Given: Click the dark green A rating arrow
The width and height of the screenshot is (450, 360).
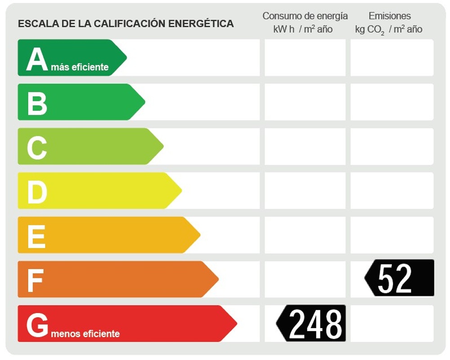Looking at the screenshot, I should coord(67,58).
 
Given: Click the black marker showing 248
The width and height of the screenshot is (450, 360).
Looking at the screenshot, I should coord(312,323).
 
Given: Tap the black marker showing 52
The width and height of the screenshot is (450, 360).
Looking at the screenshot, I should coord(400,278).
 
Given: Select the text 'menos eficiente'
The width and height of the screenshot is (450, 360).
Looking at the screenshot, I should coord(85,334).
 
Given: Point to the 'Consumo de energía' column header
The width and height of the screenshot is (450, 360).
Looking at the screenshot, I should coord(305,16).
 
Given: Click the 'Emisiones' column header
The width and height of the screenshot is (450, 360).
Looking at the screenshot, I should coord(390,16).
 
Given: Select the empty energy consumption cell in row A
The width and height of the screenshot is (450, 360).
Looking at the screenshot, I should coord(305,58).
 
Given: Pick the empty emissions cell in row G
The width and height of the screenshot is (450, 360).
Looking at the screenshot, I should coord(392,323).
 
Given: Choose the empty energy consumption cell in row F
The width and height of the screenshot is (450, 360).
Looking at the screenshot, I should coord(305,279).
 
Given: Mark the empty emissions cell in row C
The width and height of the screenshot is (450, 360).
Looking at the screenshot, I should coord(392,146).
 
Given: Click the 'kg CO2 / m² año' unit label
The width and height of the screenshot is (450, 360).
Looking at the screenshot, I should coord(389,30).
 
